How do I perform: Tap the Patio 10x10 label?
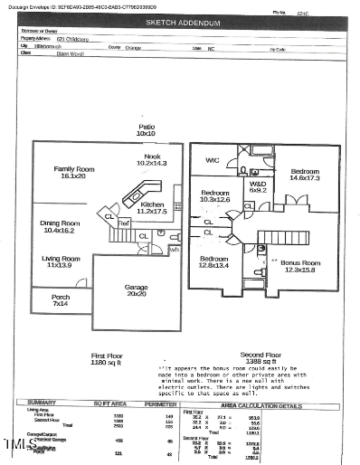point(147,129)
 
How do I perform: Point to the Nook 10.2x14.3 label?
point(151,159)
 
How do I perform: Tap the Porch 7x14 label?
point(61,299)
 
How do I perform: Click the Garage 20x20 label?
point(137,290)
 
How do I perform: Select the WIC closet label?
point(213,160)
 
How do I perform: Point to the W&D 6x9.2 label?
point(258,186)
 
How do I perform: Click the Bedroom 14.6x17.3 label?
point(304,176)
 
